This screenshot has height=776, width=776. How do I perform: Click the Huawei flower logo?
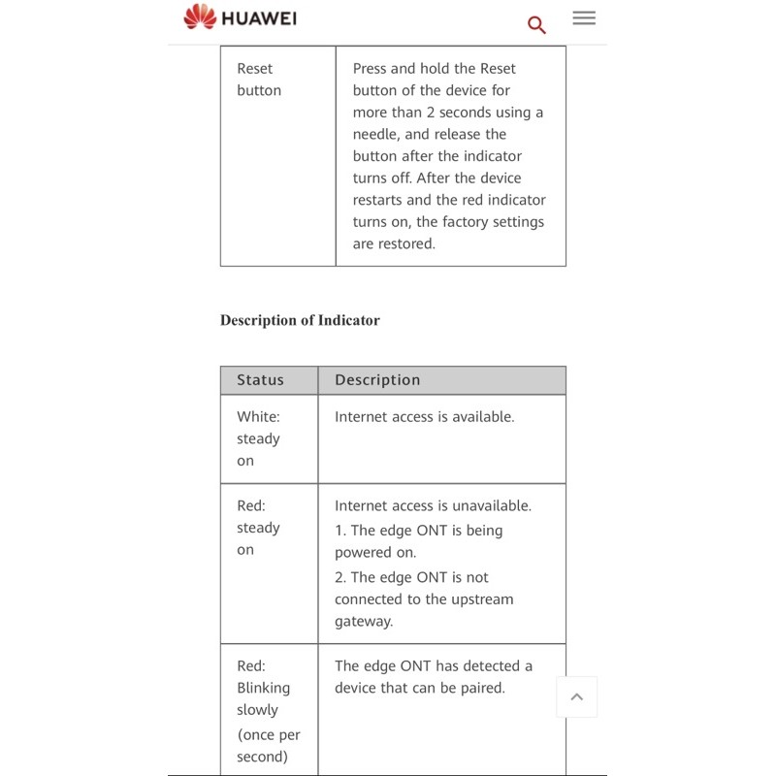pyautogui.click(x=200, y=16)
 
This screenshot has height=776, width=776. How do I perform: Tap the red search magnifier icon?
pyautogui.click(x=536, y=24)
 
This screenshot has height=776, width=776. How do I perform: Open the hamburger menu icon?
pyautogui.click(x=584, y=17)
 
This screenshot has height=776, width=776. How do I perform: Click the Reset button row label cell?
pyautogui.click(x=259, y=80)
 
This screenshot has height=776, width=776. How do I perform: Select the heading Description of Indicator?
pyautogui.click(x=300, y=320)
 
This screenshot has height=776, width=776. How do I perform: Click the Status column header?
pyautogui.click(x=261, y=380)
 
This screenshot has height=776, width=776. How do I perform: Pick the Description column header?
pyautogui.click(x=377, y=380)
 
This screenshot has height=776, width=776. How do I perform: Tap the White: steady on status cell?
pyautogui.click(x=258, y=438)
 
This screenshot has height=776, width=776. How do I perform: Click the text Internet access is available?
pyautogui.click(x=424, y=417)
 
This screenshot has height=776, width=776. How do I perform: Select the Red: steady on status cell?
pyautogui.click(x=258, y=528)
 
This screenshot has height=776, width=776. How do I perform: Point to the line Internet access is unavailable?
pyautogui.click(x=433, y=505)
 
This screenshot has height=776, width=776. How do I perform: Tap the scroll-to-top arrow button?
pyautogui.click(x=576, y=696)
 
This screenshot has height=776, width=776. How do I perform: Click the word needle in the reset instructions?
pyautogui.click(x=375, y=135)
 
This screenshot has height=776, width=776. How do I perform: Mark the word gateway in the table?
pyautogui.click(x=364, y=622)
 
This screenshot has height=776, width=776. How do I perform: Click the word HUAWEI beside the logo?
pyautogui.click(x=259, y=18)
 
